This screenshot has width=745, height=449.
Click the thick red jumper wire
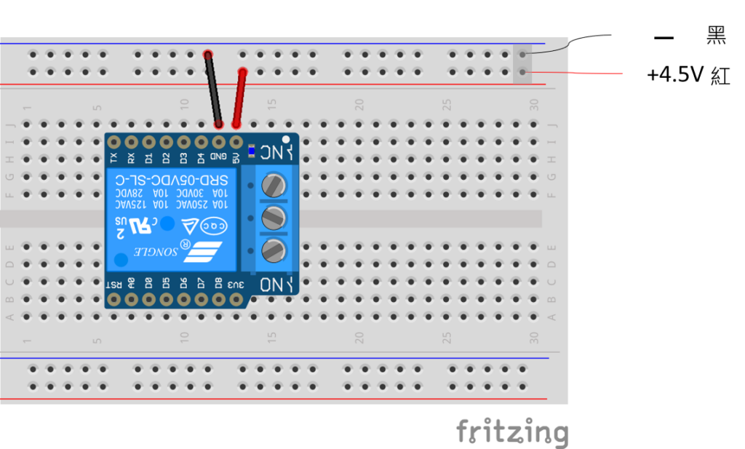(x=239, y=98)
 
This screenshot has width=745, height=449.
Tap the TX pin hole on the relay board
(x=113, y=141)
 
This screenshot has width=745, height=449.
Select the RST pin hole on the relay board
(x=113, y=298)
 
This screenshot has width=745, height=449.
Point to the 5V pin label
(x=236, y=156)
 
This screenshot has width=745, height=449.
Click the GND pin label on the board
(x=218, y=156)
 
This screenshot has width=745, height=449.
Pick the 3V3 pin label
(x=236, y=283)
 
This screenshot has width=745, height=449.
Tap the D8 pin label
(x=218, y=283)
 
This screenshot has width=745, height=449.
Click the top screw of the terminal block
(x=273, y=184)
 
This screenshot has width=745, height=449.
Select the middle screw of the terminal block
(x=273, y=217)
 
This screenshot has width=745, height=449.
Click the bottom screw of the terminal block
(x=273, y=250)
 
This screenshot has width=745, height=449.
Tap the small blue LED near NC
(x=251, y=151)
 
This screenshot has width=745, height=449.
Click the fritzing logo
(x=511, y=432)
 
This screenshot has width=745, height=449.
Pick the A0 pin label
(x=132, y=283)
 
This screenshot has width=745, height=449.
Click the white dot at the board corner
(x=286, y=138)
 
